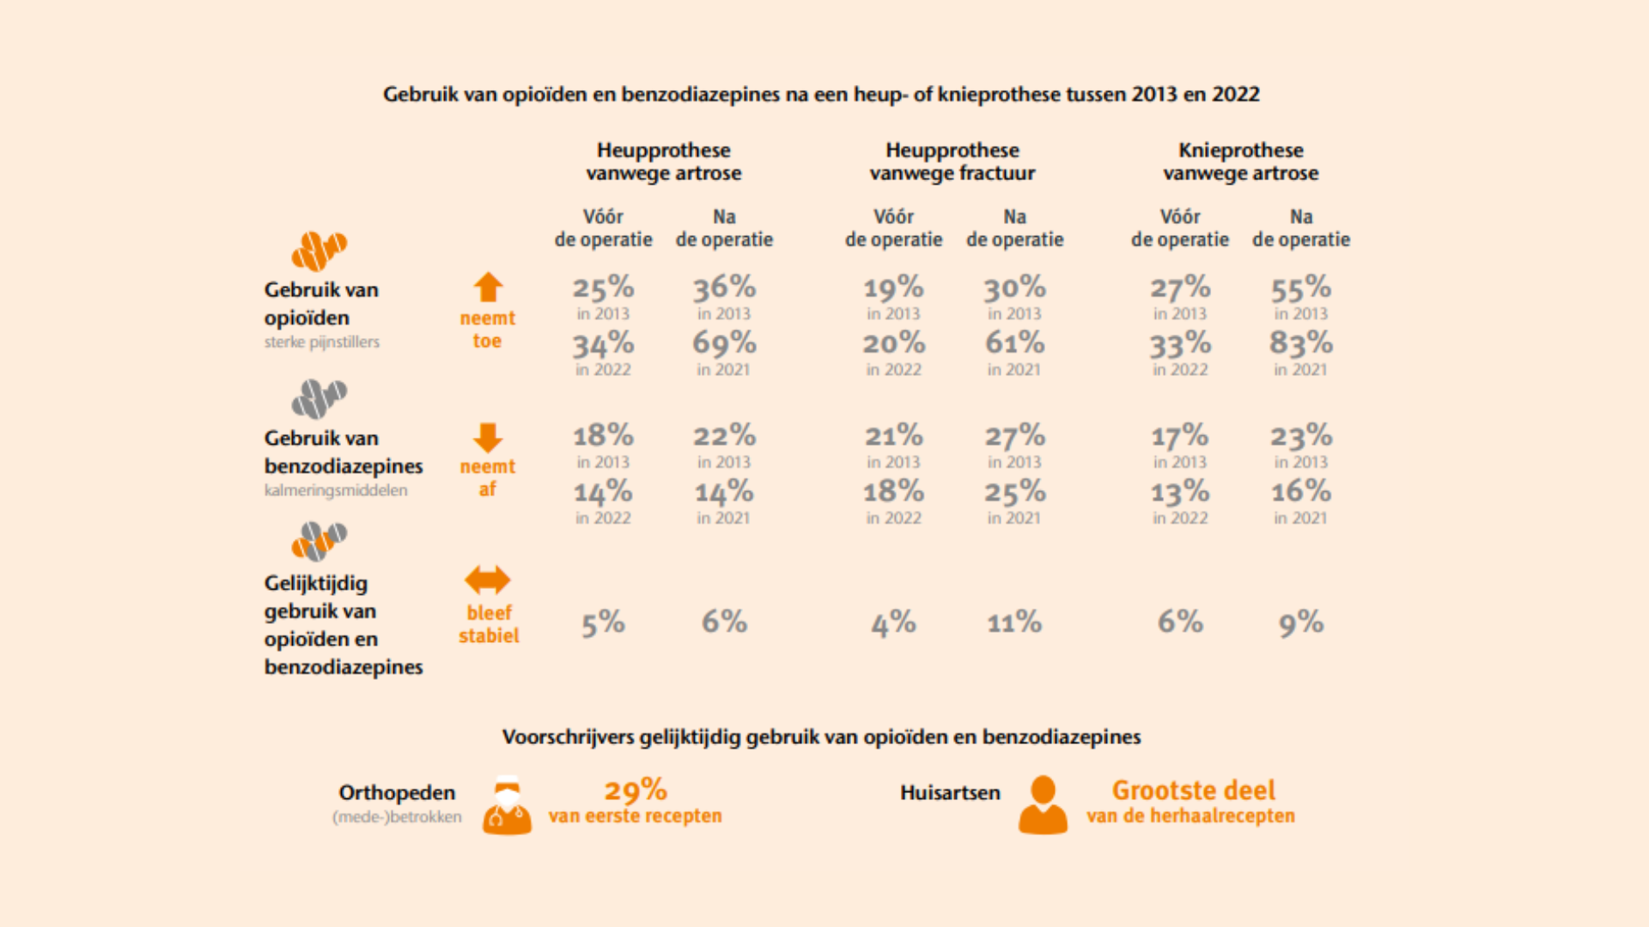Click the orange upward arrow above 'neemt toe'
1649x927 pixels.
point(488,288)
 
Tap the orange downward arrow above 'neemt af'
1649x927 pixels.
point(488,437)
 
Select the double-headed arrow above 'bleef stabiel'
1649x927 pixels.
point(487,580)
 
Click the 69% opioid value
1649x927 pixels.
point(724,343)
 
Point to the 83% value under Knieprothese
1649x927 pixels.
point(1301,343)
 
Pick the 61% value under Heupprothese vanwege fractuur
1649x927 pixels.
point(1014,343)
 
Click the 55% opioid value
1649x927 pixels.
point(1301,288)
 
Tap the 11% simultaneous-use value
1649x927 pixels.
point(1014,622)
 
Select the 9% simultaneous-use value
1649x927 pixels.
point(1301,622)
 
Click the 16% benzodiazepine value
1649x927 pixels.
point(1301,492)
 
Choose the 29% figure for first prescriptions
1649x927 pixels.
point(636,791)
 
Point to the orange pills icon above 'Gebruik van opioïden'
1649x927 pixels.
point(319,251)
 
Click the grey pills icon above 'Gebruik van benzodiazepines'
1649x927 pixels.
point(319,399)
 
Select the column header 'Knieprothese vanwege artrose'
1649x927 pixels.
point(1240,161)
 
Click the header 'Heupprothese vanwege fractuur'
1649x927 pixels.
point(952,161)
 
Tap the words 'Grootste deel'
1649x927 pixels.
point(1193,791)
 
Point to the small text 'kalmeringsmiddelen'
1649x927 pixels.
point(336,490)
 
